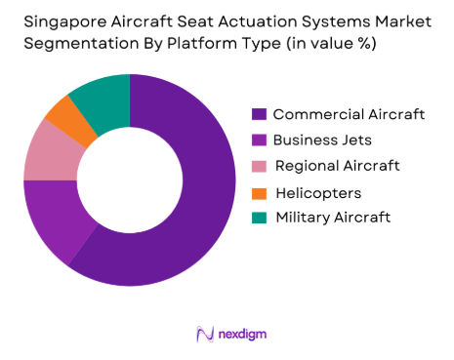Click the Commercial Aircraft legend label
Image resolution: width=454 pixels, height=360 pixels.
coord(349,114)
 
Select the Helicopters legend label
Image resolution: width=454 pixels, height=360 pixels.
coord(318,191)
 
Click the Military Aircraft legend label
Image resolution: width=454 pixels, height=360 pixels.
coord(333,217)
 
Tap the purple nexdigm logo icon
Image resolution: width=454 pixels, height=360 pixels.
coord(204,334)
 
